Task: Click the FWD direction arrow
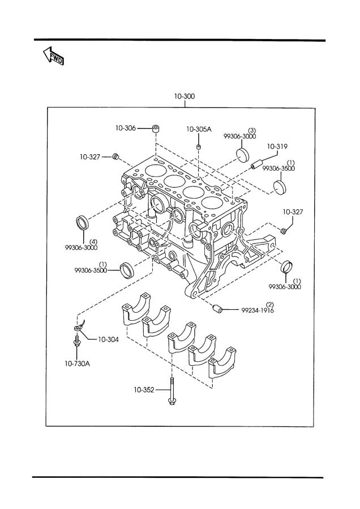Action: point(53,55)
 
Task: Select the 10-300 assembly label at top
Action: point(185,97)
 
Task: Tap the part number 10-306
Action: point(126,128)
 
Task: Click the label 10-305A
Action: point(199,130)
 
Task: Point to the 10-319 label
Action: point(278,145)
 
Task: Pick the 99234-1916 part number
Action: point(258,310)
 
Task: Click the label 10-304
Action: point(107,340)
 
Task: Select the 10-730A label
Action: point(77,364)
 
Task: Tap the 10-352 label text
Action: point(145,389)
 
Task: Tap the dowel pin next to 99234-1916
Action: point(216,309)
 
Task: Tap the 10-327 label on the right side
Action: point(293,212)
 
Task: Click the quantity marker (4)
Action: point(93,241)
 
